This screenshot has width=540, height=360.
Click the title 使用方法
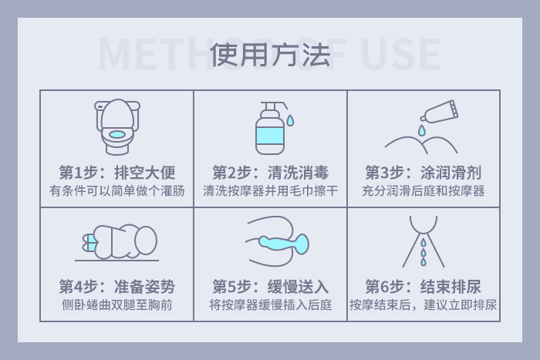[270, 55]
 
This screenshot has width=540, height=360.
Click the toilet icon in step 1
[117, 127]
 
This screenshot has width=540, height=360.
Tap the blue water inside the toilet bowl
[117, 135]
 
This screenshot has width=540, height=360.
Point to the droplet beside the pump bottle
[290, 120]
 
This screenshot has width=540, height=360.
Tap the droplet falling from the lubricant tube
[422, 130]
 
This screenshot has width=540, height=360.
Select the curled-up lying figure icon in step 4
[117, 242]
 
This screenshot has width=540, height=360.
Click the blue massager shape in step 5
[285, 243]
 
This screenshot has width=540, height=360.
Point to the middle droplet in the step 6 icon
[424, 253]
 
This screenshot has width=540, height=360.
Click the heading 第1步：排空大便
[117, 173]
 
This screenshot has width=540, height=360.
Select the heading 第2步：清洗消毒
[270, 173]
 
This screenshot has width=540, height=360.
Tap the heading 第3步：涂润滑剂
[424, 173]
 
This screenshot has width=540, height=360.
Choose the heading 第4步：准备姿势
[117, 287]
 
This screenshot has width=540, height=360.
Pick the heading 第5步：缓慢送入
[270, 287]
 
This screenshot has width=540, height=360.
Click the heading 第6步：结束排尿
[424, 287]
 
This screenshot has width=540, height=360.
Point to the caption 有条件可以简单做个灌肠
[117, 190]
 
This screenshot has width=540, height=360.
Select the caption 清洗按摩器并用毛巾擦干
[270, 190]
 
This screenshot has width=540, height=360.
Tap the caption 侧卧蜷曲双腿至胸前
[117, 305]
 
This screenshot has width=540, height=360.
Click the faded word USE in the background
[400, 55]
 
